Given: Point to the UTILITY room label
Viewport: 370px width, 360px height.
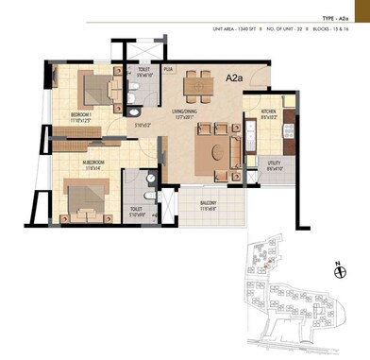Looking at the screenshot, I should point(275,163).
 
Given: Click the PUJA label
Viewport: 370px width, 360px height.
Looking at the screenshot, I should point(168,70).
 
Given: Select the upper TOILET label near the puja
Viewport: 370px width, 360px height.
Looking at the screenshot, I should point(142,70).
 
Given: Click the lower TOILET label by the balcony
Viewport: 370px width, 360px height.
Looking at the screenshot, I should point(136,209).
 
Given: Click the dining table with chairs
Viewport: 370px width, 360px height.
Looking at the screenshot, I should point(199,85).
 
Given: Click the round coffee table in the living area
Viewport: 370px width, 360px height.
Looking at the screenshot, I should point(223,149).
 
